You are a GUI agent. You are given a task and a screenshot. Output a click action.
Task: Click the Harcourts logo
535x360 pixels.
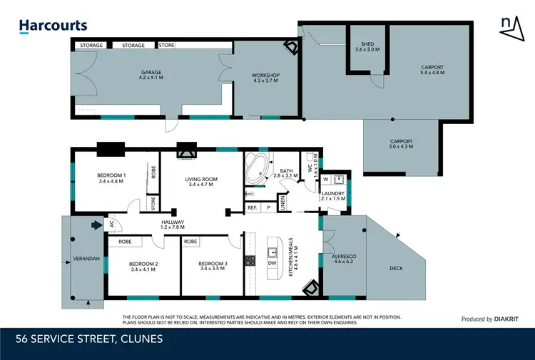click(53, 26)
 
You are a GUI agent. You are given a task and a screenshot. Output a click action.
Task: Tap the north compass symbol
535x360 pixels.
click(507, 24)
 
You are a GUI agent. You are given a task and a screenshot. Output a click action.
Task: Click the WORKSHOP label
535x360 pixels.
click(265, 79)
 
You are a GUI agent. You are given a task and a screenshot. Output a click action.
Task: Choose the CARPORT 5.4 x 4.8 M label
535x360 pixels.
click(432, 70)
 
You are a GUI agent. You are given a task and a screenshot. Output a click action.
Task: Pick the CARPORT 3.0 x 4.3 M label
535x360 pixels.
click(401, 144)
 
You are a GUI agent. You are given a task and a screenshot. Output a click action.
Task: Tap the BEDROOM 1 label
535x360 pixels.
click(111, 178)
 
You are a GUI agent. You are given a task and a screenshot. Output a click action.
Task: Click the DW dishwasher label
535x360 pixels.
click(272, 263)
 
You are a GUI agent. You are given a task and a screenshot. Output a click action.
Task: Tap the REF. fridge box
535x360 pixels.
click(252, 207)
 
